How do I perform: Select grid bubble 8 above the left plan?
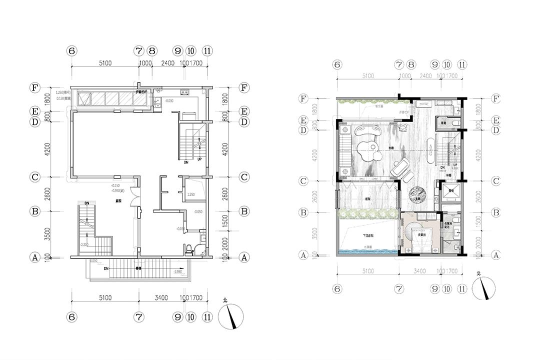(x=152, y=50)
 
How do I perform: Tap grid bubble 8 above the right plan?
(x=411, y=64)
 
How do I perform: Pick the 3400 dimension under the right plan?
(x=419, y=271)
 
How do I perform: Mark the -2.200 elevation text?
(x=84, y=244)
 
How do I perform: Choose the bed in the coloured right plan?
(x=419, y=235)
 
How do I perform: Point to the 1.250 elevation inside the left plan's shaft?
(x=191, y=194)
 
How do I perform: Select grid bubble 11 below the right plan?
(x=462, y=288)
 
